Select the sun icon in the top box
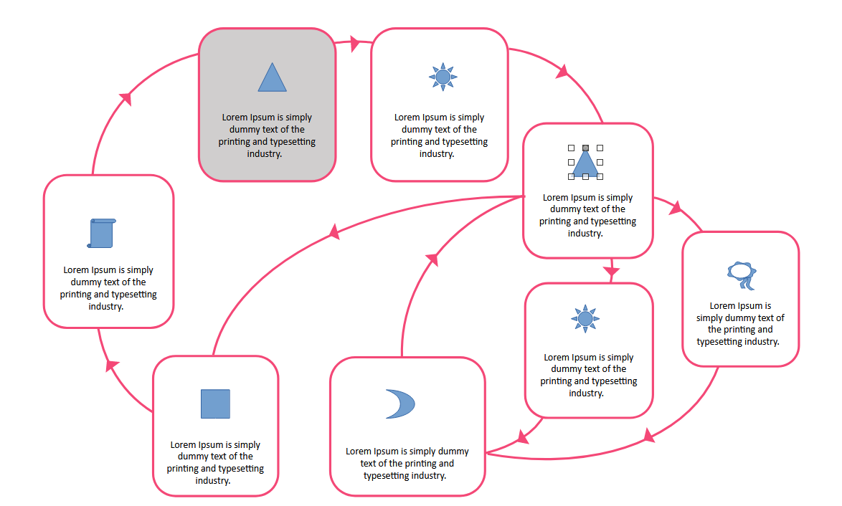coord(443,77)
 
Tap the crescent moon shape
coord(402,404)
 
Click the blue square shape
coord(215,404)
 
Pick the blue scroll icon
coord(102,233)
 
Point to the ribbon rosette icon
coord(742,275)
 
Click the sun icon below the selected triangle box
coord(585,319)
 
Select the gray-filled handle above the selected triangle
coord(585,148)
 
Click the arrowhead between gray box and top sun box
coord(354,43)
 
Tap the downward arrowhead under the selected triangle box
coord(611,271)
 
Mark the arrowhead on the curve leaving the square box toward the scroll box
coord(111,365)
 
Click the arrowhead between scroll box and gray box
coord(126,99)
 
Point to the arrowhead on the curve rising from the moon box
coord(432,259)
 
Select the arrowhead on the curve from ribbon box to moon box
coord(649,435)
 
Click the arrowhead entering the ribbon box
coord(676,208)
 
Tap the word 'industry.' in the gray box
coord(264,154)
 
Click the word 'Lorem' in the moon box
coord(359,452)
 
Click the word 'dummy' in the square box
coord(192,456)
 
